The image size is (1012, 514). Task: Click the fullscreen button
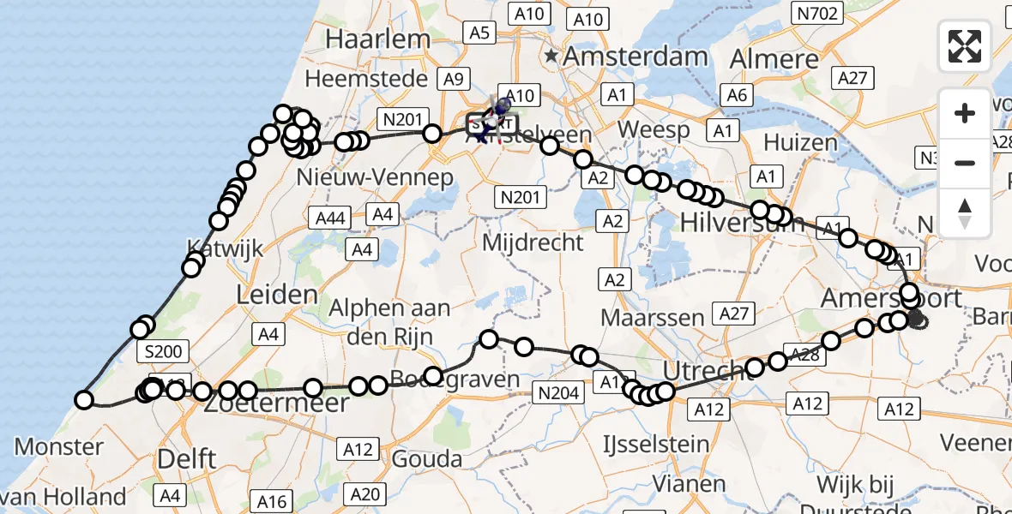(x=965, y=46)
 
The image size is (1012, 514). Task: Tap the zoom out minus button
(x=965, y=163)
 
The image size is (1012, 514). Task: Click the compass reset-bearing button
(x=965, y=213)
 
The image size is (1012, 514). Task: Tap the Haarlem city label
(x=377, y=39)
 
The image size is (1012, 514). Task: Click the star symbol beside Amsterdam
(x=551, y=57)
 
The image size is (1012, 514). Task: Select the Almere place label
(x=774, y=59)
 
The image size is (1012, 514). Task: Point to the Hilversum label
(x=742, y=223)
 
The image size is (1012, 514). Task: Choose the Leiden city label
(x=276, y=296)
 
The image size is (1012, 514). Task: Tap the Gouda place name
(x=427, y=458)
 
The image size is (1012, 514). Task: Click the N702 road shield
(x=818, y=13)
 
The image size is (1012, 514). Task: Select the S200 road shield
(x=163, y=351)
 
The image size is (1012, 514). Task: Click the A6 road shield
(x=736, y=95)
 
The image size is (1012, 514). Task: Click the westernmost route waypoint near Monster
(x=84, y=399)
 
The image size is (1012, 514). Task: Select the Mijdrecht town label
(x=533, y=242)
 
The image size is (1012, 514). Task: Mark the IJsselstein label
(x=655, y=445)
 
